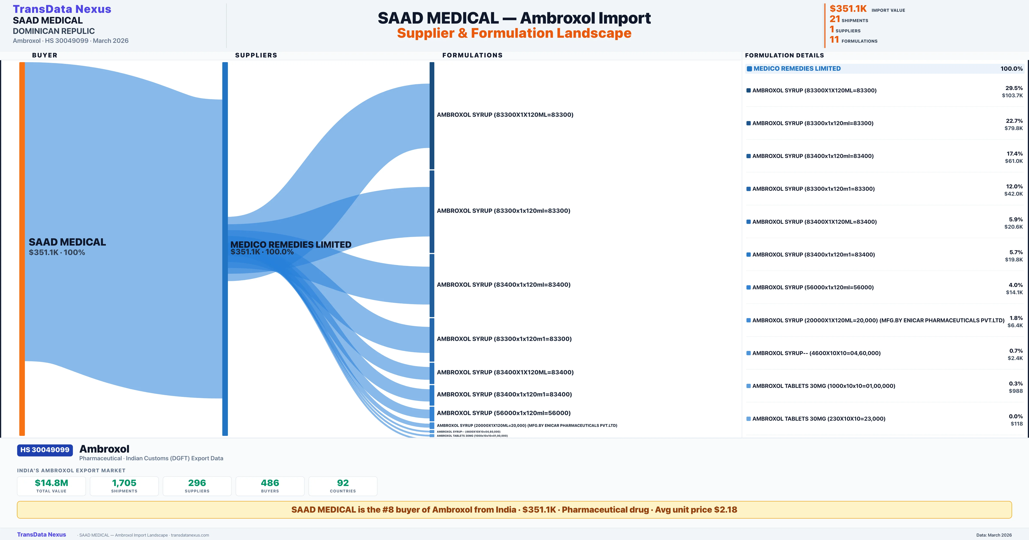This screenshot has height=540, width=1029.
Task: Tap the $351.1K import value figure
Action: pos(848,9)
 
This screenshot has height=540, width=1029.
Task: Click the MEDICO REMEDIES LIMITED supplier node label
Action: pos(291,244)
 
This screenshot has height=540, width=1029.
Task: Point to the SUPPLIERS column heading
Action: pos(256,55)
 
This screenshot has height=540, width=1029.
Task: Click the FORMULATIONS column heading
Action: pos(472,55)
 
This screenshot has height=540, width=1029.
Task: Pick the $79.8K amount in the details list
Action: pos(1013,128)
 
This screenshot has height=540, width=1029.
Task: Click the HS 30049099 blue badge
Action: pos(45,450)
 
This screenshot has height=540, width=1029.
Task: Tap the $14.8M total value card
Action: pos(51,486)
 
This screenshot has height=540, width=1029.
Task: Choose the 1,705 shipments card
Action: pos(124,486)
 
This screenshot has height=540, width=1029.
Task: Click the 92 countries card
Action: pos(343,486)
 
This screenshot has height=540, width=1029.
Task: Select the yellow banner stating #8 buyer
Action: pos(514,510)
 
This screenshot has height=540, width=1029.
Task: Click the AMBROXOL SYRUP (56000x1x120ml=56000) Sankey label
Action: pos(503,413)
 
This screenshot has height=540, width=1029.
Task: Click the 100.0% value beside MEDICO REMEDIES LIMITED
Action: pos(1011,69)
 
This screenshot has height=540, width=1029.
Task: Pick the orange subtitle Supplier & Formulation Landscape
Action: pos(514,33)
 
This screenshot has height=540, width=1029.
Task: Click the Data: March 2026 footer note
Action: pos(994,535)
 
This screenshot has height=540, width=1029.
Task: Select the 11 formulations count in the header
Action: pos(834,40)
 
